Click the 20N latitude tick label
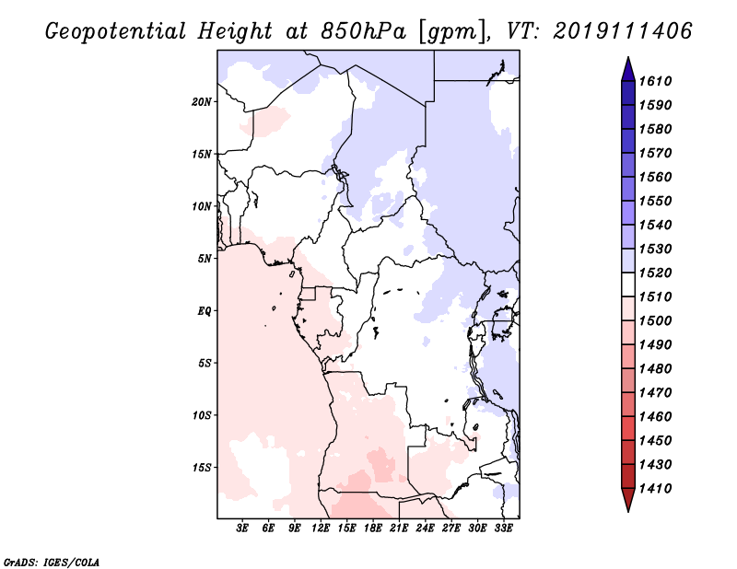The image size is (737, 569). [x=202, y=101]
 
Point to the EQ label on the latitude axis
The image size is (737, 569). [x=204, y=310]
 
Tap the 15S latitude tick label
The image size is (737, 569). [x=202, y=468]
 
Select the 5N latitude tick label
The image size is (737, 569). [x=204, y=259]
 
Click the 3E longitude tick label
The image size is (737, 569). [x=242, y=528]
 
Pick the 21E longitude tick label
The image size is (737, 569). [x=399, y=528]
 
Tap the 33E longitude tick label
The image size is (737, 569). [x=503, y=528]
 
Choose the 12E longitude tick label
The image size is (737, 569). [x=321, y=528]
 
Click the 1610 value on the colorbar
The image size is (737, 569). [x=655, y=81]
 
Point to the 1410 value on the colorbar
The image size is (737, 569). [x=655, y=489]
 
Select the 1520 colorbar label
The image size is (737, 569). [x=655, y=273]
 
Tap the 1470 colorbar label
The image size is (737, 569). [x=655, y=393]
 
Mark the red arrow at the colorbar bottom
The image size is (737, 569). [x=628, y=498]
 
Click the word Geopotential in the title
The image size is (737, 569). [x=116, y=32]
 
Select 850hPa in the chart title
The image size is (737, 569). [x=363, y=31]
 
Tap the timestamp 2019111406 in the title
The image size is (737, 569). [x=622, y=31]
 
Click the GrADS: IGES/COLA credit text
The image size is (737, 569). [x=52, y=562]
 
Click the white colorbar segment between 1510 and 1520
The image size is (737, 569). [x=628, y=284]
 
